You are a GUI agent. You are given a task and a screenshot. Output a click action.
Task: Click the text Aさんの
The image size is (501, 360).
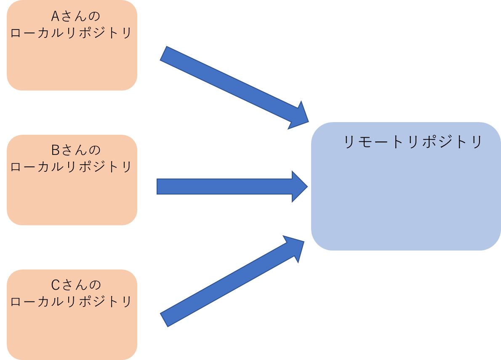pyautogui.click(x=76, y=16)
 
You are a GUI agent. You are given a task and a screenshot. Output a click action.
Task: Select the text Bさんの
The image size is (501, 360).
pyautogui.click(x=76, y=150)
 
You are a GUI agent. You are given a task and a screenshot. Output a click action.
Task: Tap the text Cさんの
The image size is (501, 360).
pyautogui.click(x=76, y=285)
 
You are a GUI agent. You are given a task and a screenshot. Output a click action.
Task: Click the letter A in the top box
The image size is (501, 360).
pyautogui.click(x=55, y=16)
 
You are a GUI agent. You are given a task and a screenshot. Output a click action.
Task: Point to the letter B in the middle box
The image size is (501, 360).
pyautogui.click(x=55, y=150)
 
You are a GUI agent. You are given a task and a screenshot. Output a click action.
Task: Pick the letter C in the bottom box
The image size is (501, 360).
pyautogui.click(x=55, y=285)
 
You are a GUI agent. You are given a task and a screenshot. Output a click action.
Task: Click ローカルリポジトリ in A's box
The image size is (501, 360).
pyautogui.click(x=71, y=33)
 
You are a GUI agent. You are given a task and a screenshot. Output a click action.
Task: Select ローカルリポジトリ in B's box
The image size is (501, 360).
pyautogui.click(x=71, y=167)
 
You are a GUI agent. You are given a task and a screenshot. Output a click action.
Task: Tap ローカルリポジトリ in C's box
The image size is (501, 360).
pyautogui.click(x=71, y=302)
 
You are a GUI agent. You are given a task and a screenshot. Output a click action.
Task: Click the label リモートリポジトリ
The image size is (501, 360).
pyautogui.click(x=413, y=142)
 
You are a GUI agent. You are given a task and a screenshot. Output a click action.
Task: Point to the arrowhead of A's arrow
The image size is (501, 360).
pyautogui.click(x=299, y=116)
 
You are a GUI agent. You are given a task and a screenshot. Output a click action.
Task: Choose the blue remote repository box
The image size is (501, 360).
pyautogui.click(x=405, y=198)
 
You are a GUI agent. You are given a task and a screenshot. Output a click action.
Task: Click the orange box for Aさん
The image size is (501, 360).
pyautogui.click(x=72, y=63)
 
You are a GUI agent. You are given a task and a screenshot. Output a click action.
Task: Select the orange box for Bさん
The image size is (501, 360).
pyautogui.click(x=72, y=198)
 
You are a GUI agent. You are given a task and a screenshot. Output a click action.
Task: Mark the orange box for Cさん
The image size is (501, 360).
pyautogui.click(x=72, y=333)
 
